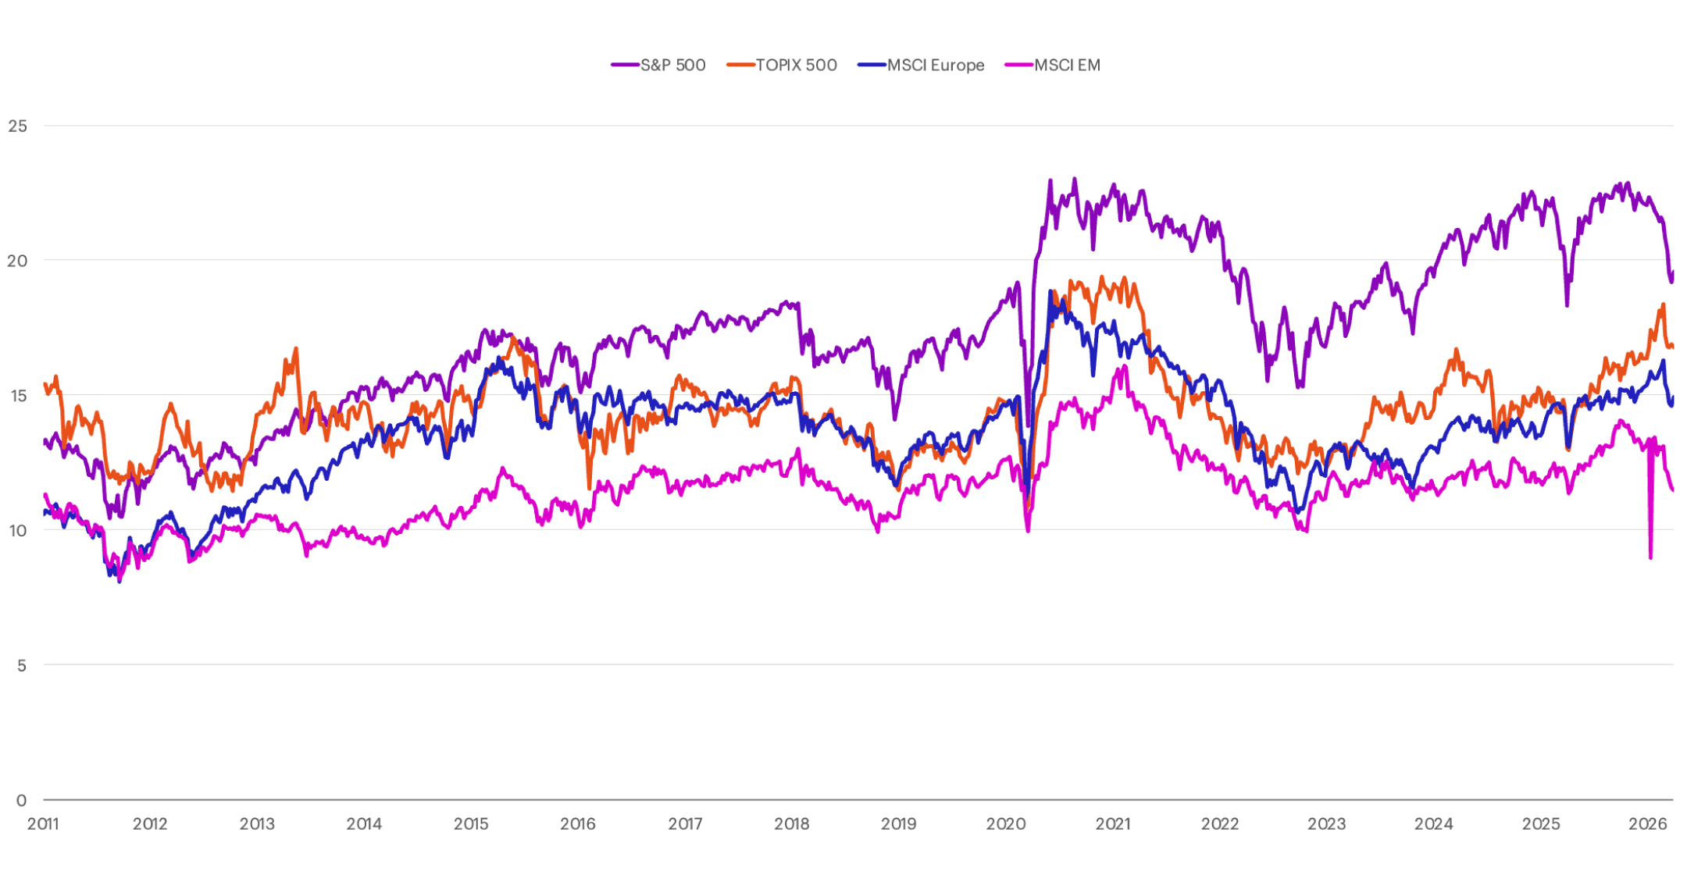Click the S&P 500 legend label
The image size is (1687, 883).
coord(672,66)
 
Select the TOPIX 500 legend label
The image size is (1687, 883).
coord(796,66)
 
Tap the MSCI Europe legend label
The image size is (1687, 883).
coord(935,66)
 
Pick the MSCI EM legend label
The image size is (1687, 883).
coord(1067,66)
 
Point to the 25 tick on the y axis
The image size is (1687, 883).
coord(17,126)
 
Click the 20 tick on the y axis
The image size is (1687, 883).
coord(17,261)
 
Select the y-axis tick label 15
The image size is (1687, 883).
coord(17,396)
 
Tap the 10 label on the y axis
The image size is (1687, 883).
coord(17,531)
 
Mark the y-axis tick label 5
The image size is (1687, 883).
coord(21,666)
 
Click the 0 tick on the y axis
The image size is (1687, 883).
coord(21,800)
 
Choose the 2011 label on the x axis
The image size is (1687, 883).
coord(43,824)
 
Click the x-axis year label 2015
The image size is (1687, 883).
coord(471,824)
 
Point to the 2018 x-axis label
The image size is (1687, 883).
coord(792,824)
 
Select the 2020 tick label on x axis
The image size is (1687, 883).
coord(1006,824)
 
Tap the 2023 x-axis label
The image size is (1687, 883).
coord(1327,824)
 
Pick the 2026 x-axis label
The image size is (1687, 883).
coord(1648,824)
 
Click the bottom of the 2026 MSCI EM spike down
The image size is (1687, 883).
coord(1650,557)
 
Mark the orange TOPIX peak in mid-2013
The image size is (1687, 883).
coord(296,349)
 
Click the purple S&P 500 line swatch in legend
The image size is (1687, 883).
coord(625,66)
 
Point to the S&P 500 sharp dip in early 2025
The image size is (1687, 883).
coord(1567,304)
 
